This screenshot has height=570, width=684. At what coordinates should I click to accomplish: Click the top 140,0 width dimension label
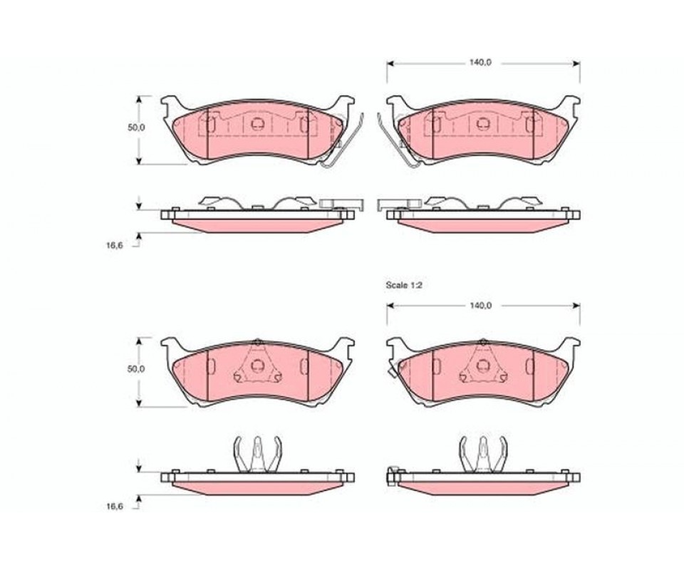pyautogui.click(x=480, y=63)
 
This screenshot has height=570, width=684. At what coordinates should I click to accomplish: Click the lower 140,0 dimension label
pyautogui.click(x=480, y=306)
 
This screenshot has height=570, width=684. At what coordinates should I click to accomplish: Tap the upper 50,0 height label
pyautogui.click(x=135, y=128)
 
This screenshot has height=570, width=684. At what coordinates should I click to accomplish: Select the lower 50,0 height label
pyautogui.click(x=135, y=369)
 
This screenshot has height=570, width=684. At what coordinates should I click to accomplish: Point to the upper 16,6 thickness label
pyautogui.click(x=114, y=245)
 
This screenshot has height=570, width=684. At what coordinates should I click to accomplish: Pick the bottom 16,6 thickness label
pyautogui.click(x=114, y=507)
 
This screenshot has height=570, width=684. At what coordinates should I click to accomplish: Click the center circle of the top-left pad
pyautogui.click(x=257, y=124)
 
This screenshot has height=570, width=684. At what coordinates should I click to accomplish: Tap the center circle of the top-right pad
pyautogui.click(x=483, y=124)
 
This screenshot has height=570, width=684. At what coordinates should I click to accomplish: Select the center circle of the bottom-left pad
pyautogui.click(x=257, y=365)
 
